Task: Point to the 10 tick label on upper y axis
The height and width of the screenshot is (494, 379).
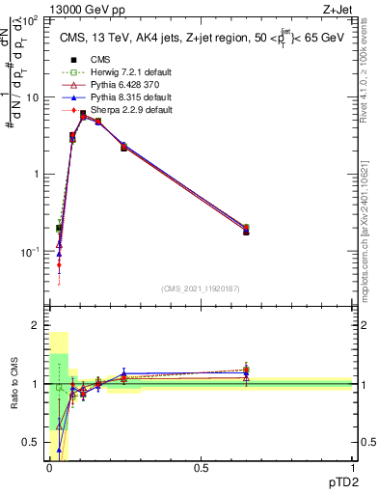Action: tap(35, 97)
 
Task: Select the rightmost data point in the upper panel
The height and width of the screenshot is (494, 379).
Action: tap(246, 230)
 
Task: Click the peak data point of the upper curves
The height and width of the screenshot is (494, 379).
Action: tap(83, 115)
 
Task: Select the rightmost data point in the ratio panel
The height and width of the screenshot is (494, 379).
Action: tap(246, 370)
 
